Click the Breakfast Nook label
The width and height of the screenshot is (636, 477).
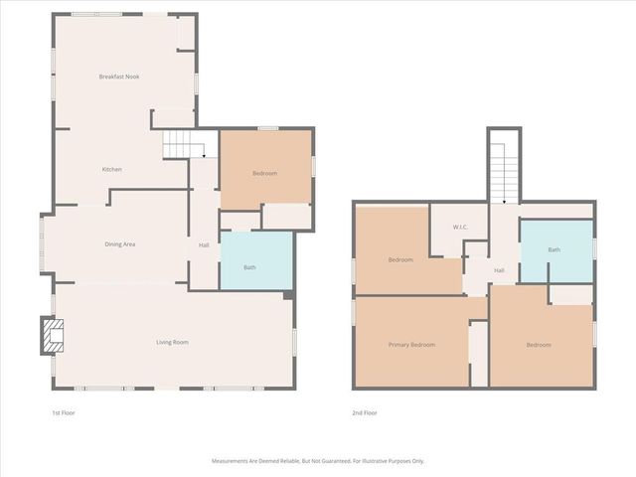[x=118, y=77]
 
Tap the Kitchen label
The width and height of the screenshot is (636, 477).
[x=112, y=170]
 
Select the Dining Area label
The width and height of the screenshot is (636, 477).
[x=120, y=243]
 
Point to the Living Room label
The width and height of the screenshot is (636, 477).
[x=172, y=343]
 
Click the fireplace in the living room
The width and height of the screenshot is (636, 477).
[x=49, y=336]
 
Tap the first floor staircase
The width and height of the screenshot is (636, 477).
[x=184, y=148]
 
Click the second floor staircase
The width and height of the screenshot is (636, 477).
[x=503, y=169]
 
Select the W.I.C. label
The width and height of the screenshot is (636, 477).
[x=460, y=228]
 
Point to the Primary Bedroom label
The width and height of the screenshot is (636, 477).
[x=411, y=345]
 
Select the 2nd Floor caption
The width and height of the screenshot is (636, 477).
[x=364, y=412]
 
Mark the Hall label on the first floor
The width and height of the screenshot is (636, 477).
[x=204, y=245]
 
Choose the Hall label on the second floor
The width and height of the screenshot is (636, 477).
[x=499, y=270]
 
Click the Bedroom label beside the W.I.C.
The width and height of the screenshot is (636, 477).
[x=400, y=260]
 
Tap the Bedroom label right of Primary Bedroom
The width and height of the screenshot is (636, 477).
[x=539, y=345]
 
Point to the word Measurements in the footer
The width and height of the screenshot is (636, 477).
[x=233, y=461]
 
